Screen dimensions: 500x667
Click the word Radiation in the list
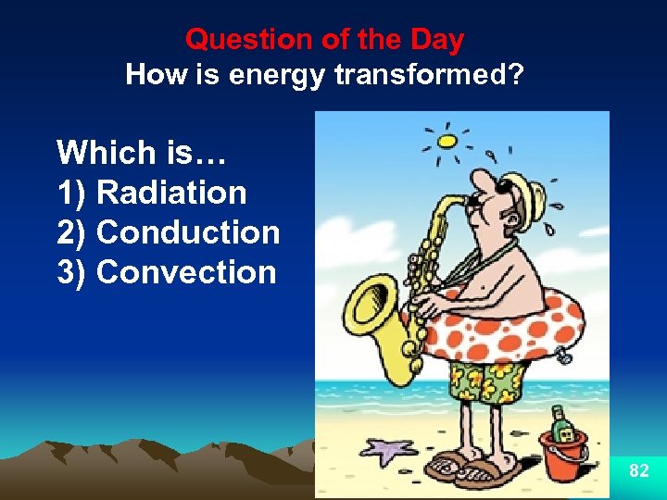pyautogui.click(x=171, y=193)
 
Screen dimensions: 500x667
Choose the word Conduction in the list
pyautogui.click(x=188, y=232)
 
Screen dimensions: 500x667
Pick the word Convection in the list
pyautogui.click(x=186, y=272)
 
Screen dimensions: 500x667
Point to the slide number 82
pyautogui.click(x=638, y=471)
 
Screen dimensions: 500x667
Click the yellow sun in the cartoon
pyautogui.click(x=447, y=142)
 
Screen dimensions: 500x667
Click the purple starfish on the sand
pyautogui.click(x=386, y=451)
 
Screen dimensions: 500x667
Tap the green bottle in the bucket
pyautogui.click(x=560, y=425)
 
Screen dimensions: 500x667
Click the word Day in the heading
pyautogui.click(x=437, y=40)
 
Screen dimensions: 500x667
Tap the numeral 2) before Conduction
pyautogui.click(x=72, y=232)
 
